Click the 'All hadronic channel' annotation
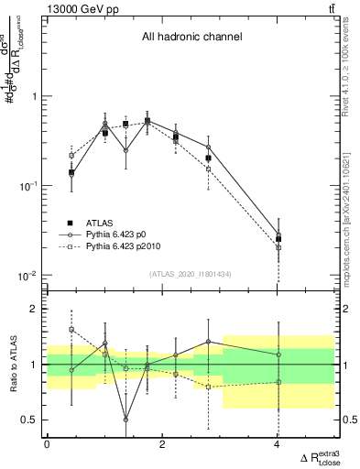(x=191, y=38)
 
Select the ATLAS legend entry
(x=100, y=223)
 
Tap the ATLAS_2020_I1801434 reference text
(x=191, y=273)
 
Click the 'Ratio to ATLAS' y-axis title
(x=12, y=365)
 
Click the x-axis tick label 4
(x=277, y=443)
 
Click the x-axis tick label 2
(x=162, y=443)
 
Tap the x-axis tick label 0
(x=48, y=443)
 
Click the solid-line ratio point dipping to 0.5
(x=125, y=420)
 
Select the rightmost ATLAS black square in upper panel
(x=278, y=239)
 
